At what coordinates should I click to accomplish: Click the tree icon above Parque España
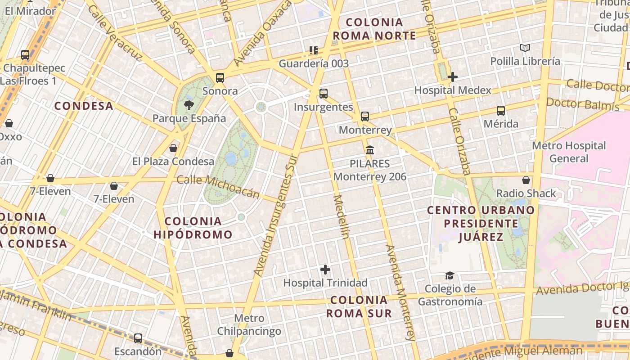coord(189,105)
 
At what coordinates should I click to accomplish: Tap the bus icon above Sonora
coord(220,77)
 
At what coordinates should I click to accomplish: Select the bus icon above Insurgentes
coord(323,94)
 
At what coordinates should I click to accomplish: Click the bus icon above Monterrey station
coord(364,117)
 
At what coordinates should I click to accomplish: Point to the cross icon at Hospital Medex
coord(452,77)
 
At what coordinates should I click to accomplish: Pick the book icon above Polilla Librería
coord(525,48)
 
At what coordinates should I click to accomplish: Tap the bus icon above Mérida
coord(500,110)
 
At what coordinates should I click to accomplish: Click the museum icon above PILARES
coord(369,150)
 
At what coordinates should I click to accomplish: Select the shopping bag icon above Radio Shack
coord(526,180)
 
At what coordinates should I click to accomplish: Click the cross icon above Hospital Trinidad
coord(325,270)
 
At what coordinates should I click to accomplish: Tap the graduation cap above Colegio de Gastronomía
coord(450,275)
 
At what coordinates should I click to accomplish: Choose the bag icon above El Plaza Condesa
coord(173,148)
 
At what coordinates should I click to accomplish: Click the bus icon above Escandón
coord(138,338)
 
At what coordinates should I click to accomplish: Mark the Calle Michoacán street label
coord(218,186)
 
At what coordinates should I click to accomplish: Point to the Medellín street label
coord(341,217)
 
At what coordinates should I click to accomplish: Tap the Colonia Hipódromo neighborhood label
coord(193,228)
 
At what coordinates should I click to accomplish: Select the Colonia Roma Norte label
coord(374,29)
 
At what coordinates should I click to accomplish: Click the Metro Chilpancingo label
coord(249,325)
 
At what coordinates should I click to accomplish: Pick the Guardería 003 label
coord(314,63)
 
